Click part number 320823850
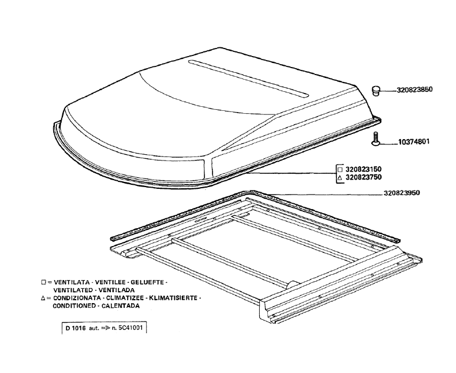414,89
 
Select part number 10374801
413,142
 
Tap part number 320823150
363,169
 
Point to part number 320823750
363,177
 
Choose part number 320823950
402,193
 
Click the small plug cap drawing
376,91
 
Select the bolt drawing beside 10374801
376,139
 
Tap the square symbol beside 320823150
339,169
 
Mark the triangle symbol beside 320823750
339,177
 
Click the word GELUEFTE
148,282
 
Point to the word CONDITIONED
74,306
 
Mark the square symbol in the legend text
44,282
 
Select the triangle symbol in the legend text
43,298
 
